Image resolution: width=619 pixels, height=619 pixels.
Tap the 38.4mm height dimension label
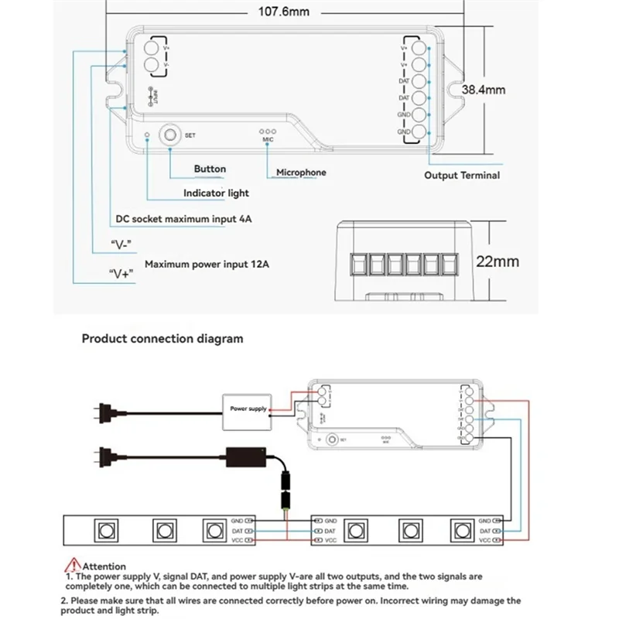click(484, 90)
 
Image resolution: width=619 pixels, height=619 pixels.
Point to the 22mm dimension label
click(497, 262)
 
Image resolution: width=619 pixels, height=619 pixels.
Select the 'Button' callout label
click(210, 169)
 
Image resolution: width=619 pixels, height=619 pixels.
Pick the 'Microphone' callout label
click(301, 173)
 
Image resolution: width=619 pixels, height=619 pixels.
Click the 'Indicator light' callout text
click(216, 193)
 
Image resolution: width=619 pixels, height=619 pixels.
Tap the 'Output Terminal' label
click(462, 176)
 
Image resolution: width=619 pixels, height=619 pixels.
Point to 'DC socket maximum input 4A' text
click(183, 219)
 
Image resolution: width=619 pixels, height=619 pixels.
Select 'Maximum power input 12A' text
click(207, 265)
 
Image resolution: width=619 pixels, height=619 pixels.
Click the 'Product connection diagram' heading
click(162, 338)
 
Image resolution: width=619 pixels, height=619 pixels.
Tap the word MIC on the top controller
click(268, 140)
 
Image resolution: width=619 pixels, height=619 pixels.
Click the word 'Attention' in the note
click(104, 566)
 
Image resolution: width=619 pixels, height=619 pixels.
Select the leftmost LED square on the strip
click(103, 532)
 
